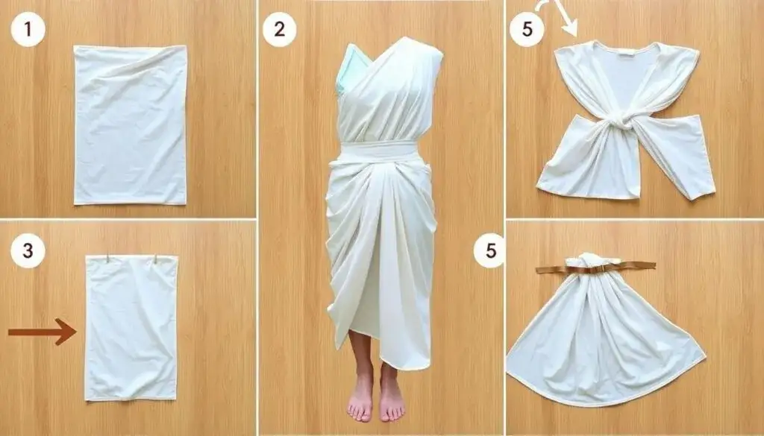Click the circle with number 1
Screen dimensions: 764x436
click(x=28, y=30)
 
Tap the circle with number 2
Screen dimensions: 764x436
click(x=279, y=30)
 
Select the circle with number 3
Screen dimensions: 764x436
click(x=28, y=250)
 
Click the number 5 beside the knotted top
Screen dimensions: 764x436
click(x=527, y=30)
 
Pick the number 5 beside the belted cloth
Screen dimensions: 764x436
click(x=490, y=250)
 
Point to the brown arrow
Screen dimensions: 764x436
click(x=43, y=332)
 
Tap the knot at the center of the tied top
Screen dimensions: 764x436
click(x=619, y=120)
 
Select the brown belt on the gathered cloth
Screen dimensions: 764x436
click(x=595, y=267)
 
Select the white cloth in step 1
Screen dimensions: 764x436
click(x=130, y=124)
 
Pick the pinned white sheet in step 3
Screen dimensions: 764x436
click(x=131, y=328)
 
